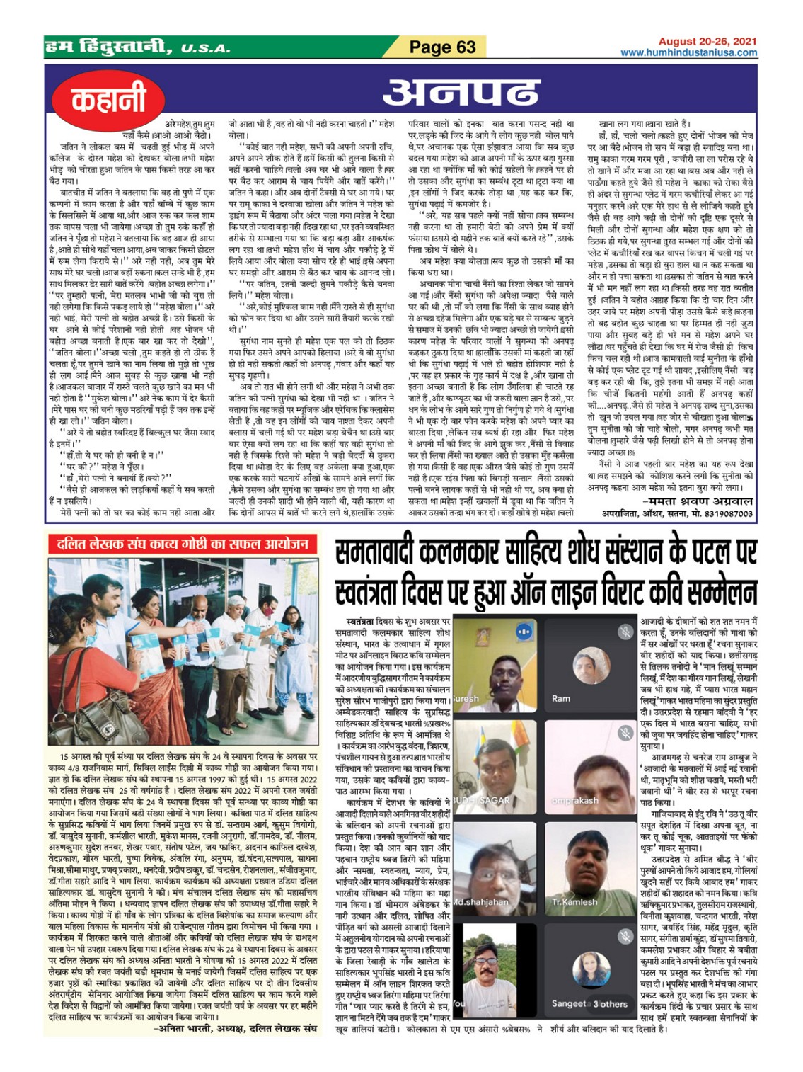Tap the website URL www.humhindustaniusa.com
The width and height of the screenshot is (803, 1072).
coord(688,52)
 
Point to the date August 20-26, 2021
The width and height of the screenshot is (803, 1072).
coord(707,42)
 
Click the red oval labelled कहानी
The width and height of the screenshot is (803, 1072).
coord(108,100)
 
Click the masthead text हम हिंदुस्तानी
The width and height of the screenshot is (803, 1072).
coord(106,47)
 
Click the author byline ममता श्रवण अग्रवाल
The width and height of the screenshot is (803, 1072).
coord(697,501)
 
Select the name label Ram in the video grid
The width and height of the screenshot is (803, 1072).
coord(561,698)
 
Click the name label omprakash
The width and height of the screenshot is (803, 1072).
coord(574,800)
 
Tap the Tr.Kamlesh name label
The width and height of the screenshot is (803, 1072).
coord(574,902)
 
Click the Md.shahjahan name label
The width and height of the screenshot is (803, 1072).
coord(481,902)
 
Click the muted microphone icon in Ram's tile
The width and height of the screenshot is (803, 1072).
coord(625,631)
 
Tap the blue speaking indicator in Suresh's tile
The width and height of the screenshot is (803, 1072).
coord(524,631)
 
